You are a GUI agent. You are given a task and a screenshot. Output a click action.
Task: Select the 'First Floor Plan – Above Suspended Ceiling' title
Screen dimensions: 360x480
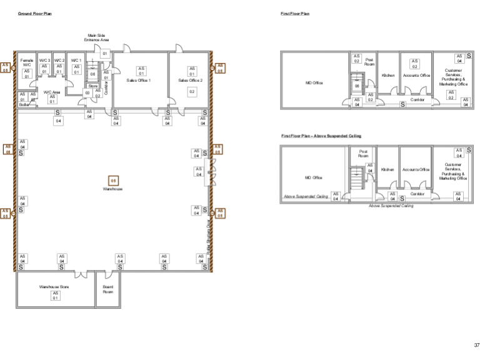pos(321,136)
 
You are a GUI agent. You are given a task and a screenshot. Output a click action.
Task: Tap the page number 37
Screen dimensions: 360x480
pos(476,344)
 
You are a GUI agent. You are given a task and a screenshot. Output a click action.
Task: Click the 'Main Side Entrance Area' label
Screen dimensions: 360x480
pos(96,38)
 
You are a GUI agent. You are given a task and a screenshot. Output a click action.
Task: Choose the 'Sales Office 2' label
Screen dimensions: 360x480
pos(190,80)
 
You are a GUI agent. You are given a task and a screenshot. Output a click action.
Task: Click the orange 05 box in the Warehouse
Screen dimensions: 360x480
pos(113,181)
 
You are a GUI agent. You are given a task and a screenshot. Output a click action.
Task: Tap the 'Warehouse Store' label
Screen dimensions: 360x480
pos(54,287)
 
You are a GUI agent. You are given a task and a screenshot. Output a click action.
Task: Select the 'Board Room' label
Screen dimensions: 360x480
pos(107,289)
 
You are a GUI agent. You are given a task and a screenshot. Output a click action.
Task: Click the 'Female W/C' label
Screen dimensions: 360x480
pos(27,62)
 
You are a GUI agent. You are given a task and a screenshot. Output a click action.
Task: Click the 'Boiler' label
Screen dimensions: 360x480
pos(24,104)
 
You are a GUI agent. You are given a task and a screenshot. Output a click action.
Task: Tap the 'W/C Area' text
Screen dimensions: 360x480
pos(52,92)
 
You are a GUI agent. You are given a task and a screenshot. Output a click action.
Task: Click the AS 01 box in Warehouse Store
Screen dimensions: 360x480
pos(55,295)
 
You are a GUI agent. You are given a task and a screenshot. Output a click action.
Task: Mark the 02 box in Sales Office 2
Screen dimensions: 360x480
pos(192,91)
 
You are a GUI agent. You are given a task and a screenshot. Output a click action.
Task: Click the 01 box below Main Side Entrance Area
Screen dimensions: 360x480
pos(105,54)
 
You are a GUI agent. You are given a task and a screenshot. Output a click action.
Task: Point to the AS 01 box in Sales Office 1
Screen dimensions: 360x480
pos(141,71)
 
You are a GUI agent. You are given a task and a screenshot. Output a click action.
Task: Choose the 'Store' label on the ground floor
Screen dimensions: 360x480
pos(92,86)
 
